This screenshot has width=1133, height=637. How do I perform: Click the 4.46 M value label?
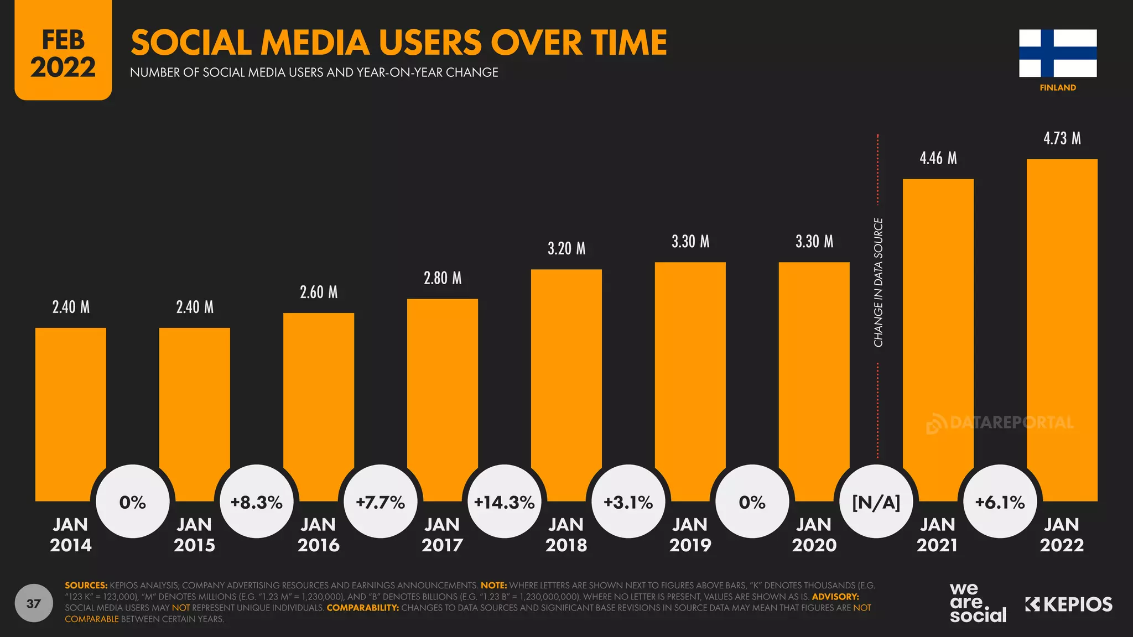938,158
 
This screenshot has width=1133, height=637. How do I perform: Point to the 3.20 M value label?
566,248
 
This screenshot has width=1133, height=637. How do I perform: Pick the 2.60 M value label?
319,292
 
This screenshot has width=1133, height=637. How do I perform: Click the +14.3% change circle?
504,502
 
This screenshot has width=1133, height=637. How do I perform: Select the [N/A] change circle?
876,502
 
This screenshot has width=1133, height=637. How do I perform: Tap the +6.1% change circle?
1000,502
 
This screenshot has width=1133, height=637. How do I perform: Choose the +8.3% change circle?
256,502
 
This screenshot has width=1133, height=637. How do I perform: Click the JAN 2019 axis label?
690,534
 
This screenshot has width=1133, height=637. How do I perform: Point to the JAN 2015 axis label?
194,534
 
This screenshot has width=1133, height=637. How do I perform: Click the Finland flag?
1058,53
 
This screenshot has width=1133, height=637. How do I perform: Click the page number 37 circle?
34,603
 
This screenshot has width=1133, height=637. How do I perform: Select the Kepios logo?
1068,604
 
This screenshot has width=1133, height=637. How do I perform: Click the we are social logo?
977,603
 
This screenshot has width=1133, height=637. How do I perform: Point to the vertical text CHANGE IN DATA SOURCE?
878,282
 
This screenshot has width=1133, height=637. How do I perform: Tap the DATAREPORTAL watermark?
1000,423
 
